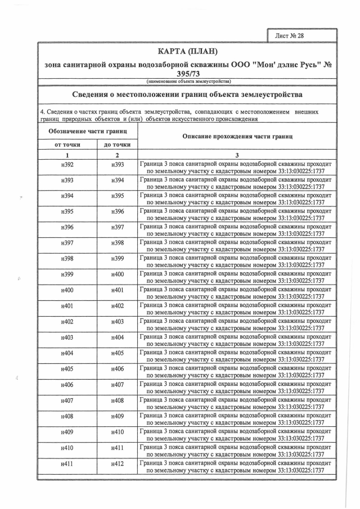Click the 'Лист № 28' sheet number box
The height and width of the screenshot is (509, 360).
tap(290, 35)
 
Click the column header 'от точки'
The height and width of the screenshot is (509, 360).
tap(67, 145)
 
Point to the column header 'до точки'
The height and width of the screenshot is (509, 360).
tap(118, 145)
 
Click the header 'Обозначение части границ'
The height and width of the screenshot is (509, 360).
tap(88, 131)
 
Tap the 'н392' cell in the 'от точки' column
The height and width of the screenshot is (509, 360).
tap(67, 165)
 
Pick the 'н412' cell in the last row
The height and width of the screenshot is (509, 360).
tap(118, 464)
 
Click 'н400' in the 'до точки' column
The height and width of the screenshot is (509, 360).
tap(118, 275)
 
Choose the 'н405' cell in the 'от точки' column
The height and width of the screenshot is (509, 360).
tap(67, 370)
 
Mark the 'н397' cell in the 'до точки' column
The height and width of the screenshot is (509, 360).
tap(118, 228)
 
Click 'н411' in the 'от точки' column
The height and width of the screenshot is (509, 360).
tap(67, 464)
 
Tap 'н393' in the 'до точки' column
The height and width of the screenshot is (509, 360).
tap(118, 165)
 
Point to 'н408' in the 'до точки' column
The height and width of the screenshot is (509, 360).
tap(118, 401)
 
